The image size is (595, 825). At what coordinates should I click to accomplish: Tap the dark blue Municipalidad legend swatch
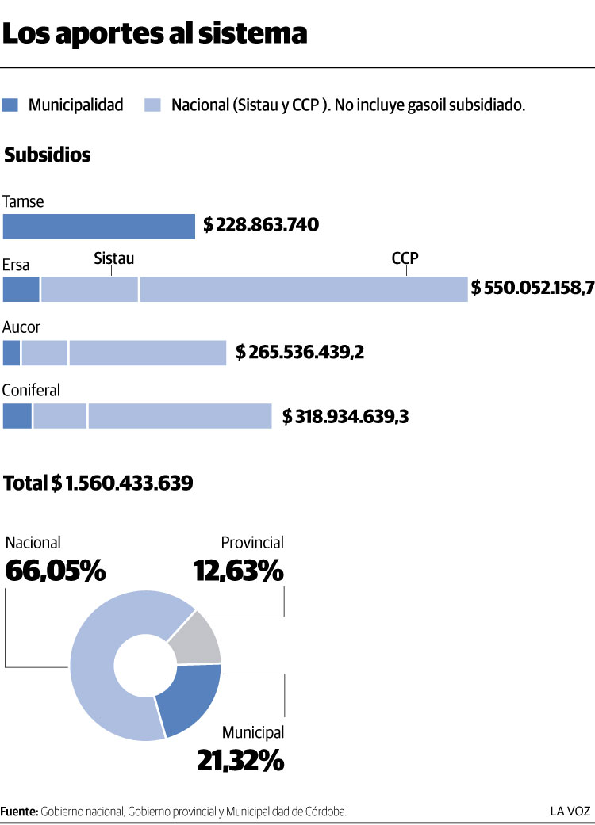click(x=10, y=105)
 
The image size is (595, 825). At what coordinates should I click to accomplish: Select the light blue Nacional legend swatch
click(x=153, y=105)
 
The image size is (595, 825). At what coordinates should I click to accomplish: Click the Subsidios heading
click(x=48, y=155)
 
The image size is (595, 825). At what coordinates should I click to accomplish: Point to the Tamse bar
click(x=98, y=227)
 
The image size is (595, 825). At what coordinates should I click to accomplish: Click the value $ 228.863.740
click(x=261, y=226)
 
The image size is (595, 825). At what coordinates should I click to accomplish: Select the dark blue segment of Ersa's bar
click(x=21, y=289)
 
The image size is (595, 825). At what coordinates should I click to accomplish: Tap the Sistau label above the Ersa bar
click(x=113, y=258)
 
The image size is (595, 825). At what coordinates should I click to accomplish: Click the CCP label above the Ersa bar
click(x=405, y=258)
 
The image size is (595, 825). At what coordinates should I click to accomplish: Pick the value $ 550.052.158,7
click(x=532, y=288)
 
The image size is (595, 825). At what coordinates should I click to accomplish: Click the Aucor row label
click(x=21, y=327)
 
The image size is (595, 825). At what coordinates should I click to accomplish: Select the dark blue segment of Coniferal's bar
click(x=17, y=416)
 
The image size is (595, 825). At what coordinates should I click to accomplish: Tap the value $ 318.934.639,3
click(x=346, y=416)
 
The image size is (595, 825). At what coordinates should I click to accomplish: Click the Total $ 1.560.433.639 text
click(x=98, y=483)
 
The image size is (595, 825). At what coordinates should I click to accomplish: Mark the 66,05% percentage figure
click(x=56, y=571)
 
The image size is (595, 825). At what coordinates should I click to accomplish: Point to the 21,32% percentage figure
click(x=240, y=760)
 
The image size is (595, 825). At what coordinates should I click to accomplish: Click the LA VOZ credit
click(x=571, y=811)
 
